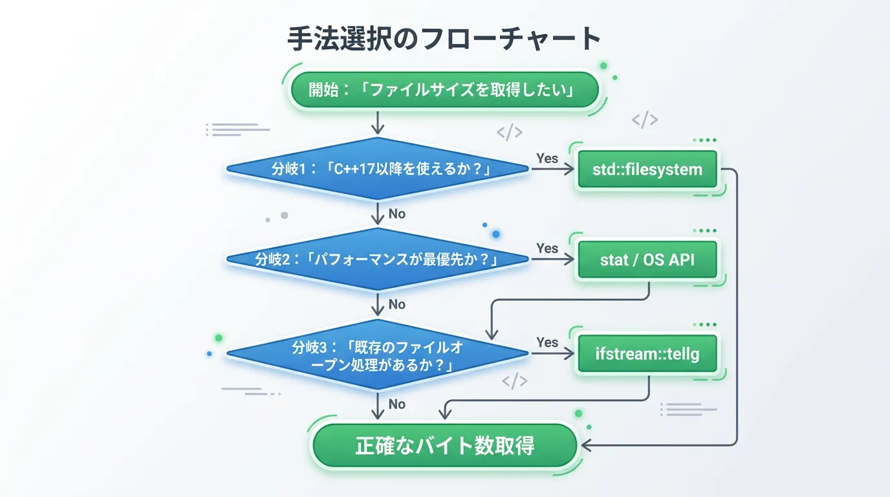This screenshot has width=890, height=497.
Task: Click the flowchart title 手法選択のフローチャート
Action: pyautogui.click(x=444, y=39)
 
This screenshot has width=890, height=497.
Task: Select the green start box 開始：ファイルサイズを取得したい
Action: pyautogui.click(x=444, y=89)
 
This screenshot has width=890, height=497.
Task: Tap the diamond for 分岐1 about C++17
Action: pyautogui.click(x=378, y=169)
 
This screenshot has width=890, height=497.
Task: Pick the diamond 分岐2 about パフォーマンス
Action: pyautogui.click(x=378, y=260)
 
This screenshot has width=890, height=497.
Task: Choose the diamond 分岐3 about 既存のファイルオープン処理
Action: pyautogui.click(x=378, y=355)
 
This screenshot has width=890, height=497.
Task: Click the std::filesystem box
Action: pyautogui.click(x=647, y=170)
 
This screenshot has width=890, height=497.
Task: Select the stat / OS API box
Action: pyautogui.click(x=647, y=260)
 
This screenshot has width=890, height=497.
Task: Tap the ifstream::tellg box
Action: pyautogui.click(x=647, y=354)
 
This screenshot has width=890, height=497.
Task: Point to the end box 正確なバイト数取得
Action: pyautogui.click(x=444, y=446)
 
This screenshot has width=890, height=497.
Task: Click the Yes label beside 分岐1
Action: pyautogui.click(x=547, y=158)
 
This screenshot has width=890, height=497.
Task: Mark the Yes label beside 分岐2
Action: pyautogui.click(x=547, y=248)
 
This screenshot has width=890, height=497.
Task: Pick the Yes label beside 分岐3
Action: pyautogui.click(x=547, y=342)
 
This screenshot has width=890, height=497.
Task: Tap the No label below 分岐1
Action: pyautogui.click(x=396, y=214)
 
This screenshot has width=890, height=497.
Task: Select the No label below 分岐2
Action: pyautogui.click(x=396, y=304)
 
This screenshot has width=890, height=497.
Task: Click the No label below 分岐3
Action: pyautogui.click(x=396, y=404)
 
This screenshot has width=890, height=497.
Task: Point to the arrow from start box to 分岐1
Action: pyautogui.click(x=378, y=123)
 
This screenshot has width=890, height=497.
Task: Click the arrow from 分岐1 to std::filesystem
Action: pyautogui.click(x=553, y=170)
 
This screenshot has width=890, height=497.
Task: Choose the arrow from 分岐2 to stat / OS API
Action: pyautogui.click(x=553, y=260)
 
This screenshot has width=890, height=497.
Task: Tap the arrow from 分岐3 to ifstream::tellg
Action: pyautogui.click(x=553, y=354)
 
